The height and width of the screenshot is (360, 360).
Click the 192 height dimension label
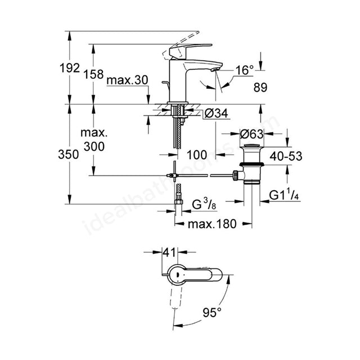[x=70, y=68]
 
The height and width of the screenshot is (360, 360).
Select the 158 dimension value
[x=93, y=74]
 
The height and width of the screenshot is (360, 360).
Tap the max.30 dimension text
[x=128, y=80]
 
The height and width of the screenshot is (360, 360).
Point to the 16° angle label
[x=245, y=70]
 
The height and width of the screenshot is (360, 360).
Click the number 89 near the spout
[x=260, y=88]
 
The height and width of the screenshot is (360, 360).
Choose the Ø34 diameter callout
[x=216, y=113]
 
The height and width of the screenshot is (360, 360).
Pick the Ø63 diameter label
[x=251, y=134]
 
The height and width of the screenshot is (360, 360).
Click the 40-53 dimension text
[x=286, y=156]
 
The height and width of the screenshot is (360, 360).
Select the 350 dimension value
[x=69, y=154]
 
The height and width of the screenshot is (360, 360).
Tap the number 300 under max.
[x=94, y=146]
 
